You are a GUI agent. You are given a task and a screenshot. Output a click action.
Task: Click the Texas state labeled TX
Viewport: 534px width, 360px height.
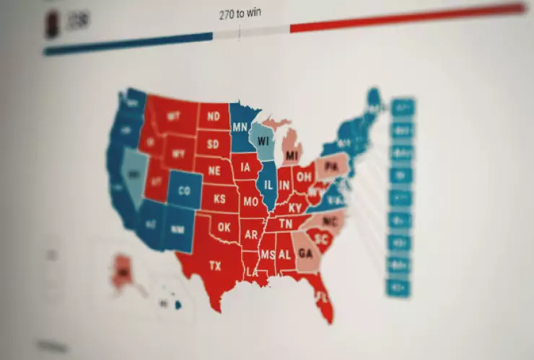point(215,266)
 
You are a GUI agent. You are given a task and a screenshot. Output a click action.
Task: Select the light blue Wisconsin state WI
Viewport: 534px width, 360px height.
point(263,139)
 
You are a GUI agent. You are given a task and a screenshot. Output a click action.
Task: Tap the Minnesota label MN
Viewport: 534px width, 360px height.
point(240,128)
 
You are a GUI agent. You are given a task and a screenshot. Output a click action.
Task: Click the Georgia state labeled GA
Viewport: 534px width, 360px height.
point(305,253)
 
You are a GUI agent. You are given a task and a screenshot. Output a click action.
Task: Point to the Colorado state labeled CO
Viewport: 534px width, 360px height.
point(185,191)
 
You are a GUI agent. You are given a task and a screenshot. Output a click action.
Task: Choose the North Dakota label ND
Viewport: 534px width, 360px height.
point(213,115)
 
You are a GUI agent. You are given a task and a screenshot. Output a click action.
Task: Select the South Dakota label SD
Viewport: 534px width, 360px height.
point(214,144)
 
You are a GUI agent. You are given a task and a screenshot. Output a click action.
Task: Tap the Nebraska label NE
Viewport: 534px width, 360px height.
point(214,171)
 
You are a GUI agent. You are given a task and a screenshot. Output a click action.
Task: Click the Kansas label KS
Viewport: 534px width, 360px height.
point(219,198)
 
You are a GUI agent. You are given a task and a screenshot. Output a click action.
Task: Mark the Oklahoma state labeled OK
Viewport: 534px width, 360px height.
point(224,227)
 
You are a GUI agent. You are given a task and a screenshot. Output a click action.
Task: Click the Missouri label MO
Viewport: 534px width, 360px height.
point(250,202)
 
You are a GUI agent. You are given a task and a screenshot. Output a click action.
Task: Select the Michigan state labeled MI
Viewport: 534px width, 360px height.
point(292,156)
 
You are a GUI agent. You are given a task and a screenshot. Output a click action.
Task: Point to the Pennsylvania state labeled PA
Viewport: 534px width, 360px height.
point(331,167)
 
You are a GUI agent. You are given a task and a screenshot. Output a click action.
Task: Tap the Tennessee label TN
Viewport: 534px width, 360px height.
point(286,224)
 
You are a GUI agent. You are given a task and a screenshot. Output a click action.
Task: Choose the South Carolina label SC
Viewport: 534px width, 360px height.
point(322,238)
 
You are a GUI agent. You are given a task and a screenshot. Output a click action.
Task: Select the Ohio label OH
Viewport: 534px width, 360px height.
point(305,176)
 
